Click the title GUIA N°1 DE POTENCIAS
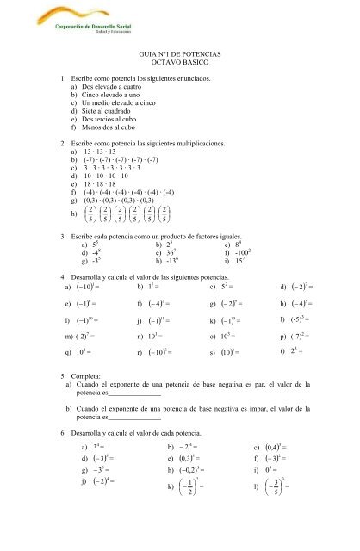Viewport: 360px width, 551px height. pos(179,53)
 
